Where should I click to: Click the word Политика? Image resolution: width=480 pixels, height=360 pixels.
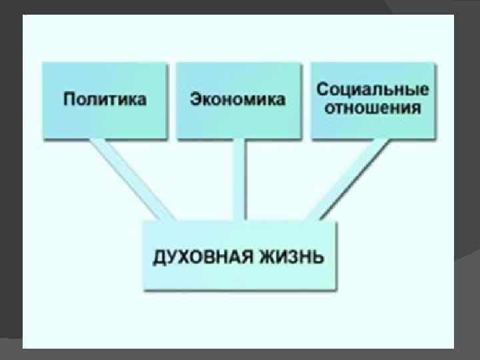[105, 100]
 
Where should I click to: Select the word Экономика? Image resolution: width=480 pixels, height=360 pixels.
[237, 100]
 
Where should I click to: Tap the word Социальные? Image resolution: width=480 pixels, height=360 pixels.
[372, 90]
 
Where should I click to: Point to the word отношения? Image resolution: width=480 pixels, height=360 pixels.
[372, 108]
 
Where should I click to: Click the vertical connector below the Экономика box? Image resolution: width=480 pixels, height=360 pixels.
[239, 180]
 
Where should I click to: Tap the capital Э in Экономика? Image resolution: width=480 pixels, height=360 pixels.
[195, 100]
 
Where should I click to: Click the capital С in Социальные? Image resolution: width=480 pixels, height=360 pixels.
[321, 90]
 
